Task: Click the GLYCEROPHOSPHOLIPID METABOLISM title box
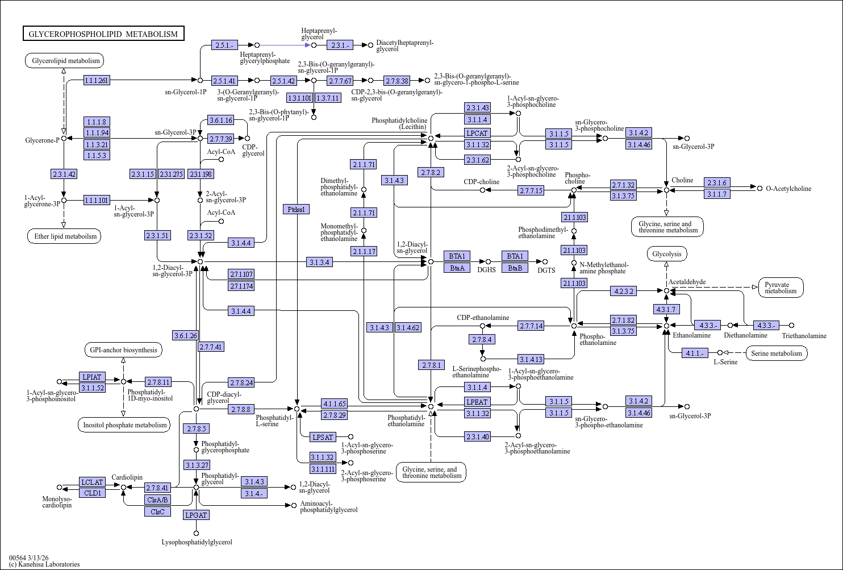click(x=103, y=34)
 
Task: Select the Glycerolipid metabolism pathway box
click(x=64, y=61)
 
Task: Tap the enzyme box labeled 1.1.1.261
click(x=97, y=80)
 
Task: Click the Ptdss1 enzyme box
click(x=296, y=209)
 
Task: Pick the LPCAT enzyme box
click(x=477, y=134)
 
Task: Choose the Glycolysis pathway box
click(x=667, y=254)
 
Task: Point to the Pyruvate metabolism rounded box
click(x=781, y=288)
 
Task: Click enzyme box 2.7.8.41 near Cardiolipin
click(x=158, y=488)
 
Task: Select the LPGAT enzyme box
click(x=196, y=515)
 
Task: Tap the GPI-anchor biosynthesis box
click(x=123, y=350)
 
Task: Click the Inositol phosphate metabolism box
click(x=124, y=425)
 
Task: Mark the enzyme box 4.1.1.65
click(x=334, y=403)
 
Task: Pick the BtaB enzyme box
click(x=515, y=268)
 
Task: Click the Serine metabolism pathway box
click(x=777, y=353)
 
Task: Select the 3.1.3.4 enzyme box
click(x=319, y=262)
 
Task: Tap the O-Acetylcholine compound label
click(x=788, y=189)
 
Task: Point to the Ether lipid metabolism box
click(x=64, y=236)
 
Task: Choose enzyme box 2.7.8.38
click(x=397, y=81)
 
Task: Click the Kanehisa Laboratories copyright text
click(x=44, y=564)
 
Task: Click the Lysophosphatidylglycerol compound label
click(x=197, y=542)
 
